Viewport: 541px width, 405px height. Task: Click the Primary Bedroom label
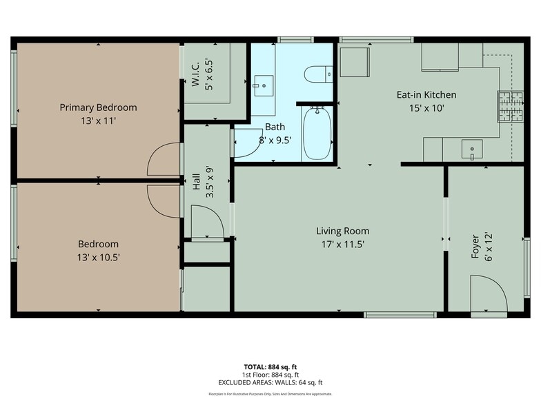click(98, 107)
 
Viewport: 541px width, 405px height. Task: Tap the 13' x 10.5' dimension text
click(98, 258)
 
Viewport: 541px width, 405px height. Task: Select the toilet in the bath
click(319, 73)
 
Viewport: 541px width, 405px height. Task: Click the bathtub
click(317, 133)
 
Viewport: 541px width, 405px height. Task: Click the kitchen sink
click(472, 147)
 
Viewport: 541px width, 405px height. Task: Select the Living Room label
click(342, 231)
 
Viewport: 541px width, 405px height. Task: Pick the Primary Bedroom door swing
click(164, 159)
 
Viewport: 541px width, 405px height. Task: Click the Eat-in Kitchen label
click(426, 95)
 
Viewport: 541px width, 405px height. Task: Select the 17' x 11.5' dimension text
click(342, 244)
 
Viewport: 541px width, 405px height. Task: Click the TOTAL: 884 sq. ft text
click(270, 367)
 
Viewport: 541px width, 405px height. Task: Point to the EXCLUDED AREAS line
click(270, 382)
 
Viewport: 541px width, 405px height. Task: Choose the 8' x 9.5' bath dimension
click(275, 139)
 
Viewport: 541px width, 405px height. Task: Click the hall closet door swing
click(208, 225)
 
